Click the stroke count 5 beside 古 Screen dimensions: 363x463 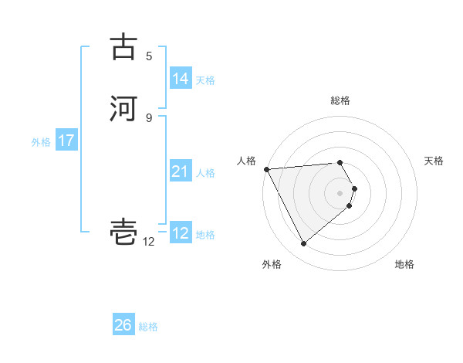149,56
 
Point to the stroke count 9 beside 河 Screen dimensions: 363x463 149,117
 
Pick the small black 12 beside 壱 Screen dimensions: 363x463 149,242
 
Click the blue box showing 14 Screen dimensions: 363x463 180,79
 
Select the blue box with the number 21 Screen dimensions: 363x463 180,171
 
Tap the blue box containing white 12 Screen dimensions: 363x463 181,233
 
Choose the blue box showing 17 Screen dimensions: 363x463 66,141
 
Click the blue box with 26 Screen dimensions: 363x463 123,325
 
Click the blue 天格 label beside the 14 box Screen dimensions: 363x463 205,80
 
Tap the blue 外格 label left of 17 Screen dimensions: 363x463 41,142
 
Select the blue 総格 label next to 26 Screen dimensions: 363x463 148,327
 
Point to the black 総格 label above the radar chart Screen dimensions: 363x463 340,100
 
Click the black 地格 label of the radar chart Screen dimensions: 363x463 404,264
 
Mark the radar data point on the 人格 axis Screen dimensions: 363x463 266,169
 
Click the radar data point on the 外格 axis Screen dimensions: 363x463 303,244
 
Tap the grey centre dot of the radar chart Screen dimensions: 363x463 340,192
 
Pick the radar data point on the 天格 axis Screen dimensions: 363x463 354,188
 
